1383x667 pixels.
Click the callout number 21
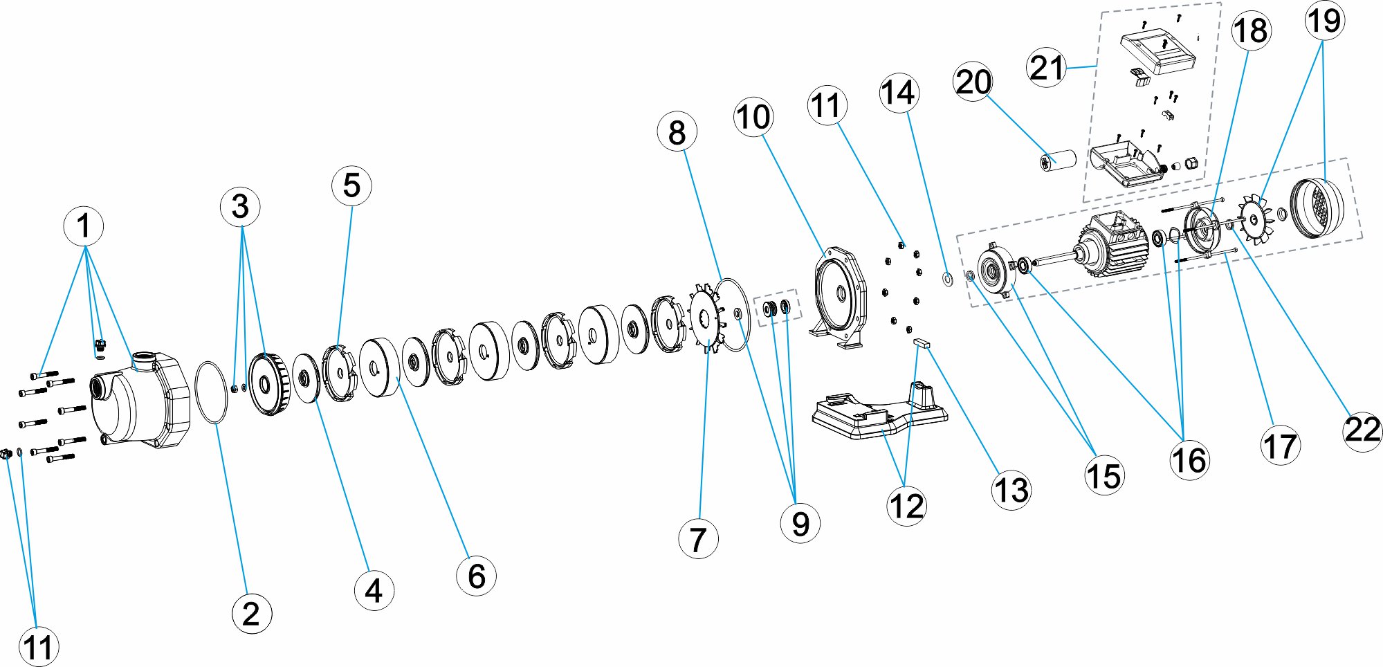pyautogui.click(x=1046, y=67)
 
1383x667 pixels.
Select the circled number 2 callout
pyautogui.click(x=251, y=614)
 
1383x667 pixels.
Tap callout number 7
pyautogui.click(x=698, y=539)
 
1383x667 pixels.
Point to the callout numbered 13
pyautogui.click(x=1011, y=491)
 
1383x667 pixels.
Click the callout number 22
pyautogui.click(x=1362, y=430)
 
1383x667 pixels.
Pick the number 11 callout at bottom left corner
pyautogui.click(x=39, y=648)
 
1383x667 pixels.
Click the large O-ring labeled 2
pyautogui.click(x=211, y=392)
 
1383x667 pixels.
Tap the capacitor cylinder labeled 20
pyautogui.click(x=1059, y=161)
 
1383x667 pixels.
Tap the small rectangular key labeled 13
pyautogui.click(x=923, y=342)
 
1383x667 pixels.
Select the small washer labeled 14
pyautogui.click(x=947, y=279)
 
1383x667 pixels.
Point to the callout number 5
pyautogui.click(x=351, y=185)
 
